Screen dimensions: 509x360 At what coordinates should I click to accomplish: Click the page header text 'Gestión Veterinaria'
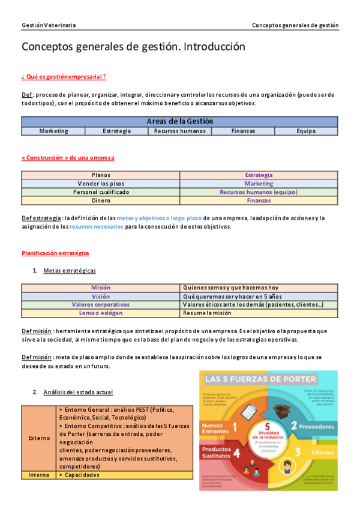point(49,26)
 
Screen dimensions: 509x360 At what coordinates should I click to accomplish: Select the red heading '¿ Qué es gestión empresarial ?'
point(64,77)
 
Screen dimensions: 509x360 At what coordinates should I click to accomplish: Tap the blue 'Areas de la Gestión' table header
point(179,121)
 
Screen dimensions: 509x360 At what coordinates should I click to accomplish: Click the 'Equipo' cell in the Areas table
point(305,131)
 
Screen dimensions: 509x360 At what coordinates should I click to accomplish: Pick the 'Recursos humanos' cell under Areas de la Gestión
point(179,131)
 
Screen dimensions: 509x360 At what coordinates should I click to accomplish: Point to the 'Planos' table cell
point(100,175)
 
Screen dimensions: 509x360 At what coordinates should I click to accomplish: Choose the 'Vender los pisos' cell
point(100,184)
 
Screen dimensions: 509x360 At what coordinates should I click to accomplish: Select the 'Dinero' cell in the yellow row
point(100,200)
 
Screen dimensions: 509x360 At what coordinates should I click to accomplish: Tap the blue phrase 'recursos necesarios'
point(97,227)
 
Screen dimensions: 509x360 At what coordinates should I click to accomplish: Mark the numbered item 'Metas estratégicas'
point(69,271)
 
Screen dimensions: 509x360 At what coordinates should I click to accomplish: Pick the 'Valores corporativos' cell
point(100,305)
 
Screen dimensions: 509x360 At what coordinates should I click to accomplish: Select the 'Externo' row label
point(39,438)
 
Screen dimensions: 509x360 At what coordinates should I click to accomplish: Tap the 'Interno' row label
point(39,475)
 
